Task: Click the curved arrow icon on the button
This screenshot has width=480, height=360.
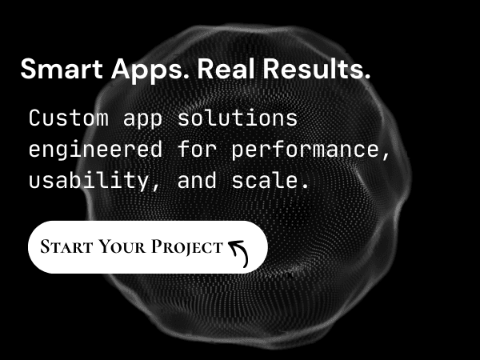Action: pyautogui.click(x=238, y=250)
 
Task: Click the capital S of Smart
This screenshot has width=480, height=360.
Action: pyautogui.click(x=28, y=70)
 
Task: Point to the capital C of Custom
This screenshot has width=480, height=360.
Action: pyautogui.click(x=34, y=118)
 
